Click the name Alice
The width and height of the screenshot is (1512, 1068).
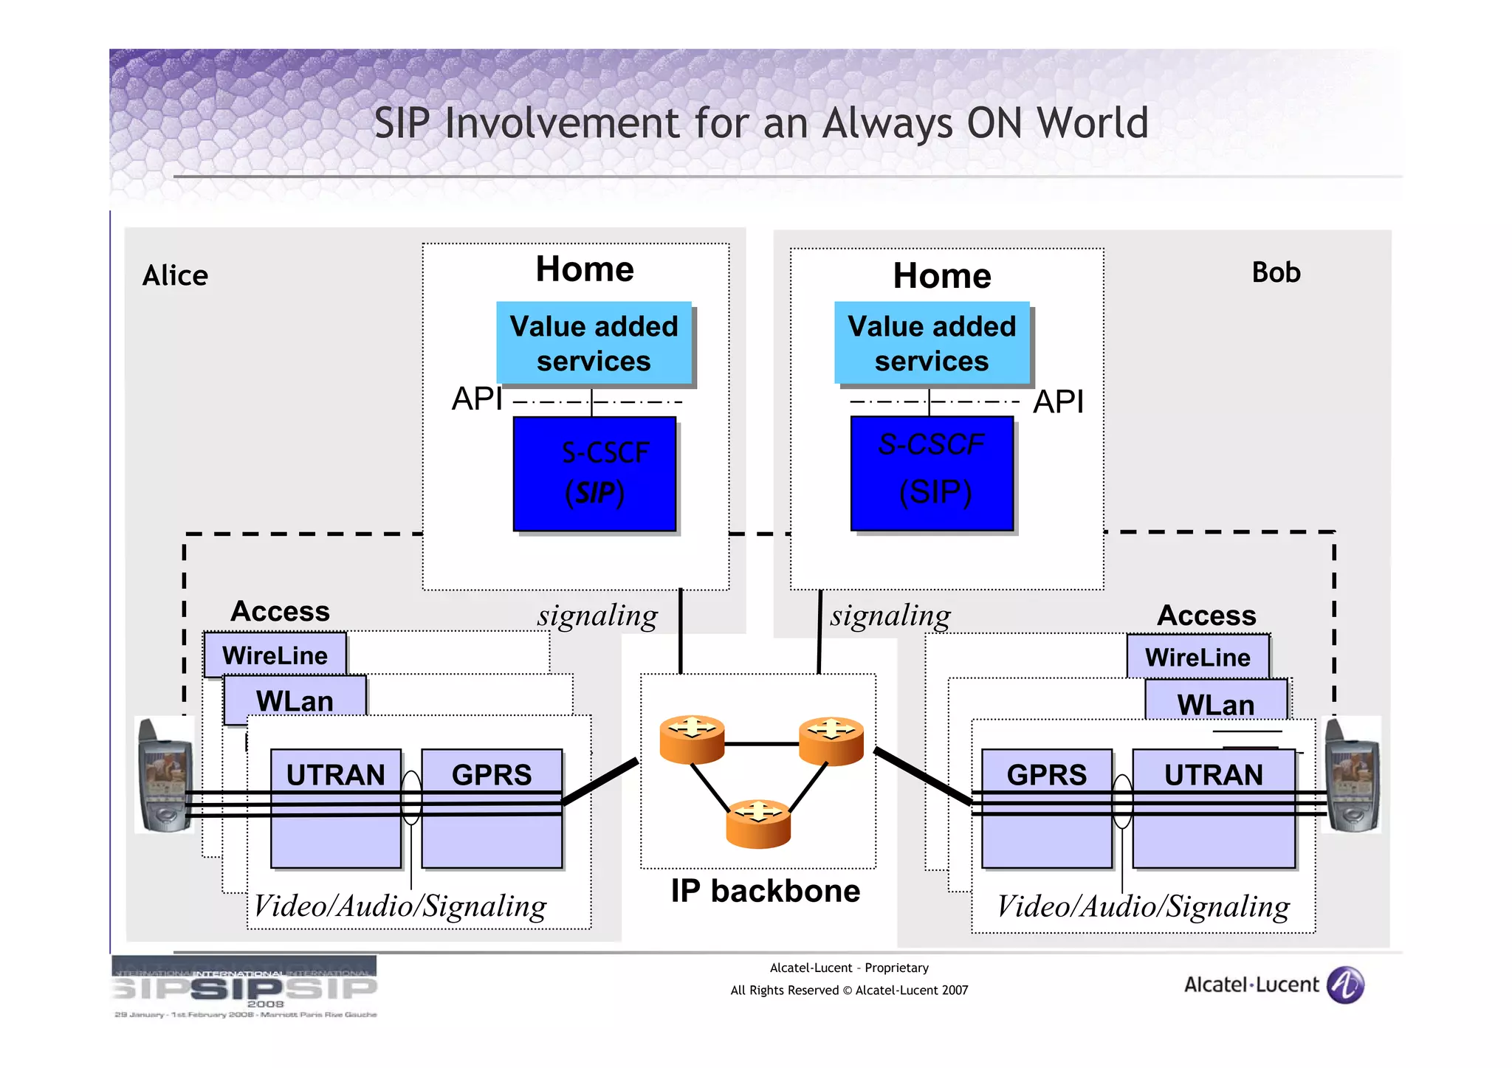[175, 275]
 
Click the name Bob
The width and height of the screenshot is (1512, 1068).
[1275, 272]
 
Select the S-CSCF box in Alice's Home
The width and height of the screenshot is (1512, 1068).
[594, 473]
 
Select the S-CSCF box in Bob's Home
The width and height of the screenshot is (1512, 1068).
[932, 473]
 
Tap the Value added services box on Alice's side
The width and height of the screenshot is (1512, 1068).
[594, 343]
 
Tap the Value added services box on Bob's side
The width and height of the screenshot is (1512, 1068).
[932, 343]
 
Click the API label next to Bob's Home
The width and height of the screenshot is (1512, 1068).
[1057, 402]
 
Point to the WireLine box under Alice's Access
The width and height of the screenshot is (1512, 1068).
[275, 655]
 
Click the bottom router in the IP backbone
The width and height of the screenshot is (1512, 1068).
[758, 824]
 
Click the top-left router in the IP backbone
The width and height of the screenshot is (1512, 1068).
[692, 739]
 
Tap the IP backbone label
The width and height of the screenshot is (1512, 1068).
[765, 891]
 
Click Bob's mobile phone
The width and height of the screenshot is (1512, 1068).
[1352, 775]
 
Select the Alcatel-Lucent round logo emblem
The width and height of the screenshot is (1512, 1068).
[1345, 985]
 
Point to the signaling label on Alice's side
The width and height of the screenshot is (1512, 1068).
[597, 616]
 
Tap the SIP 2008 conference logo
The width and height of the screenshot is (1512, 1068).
[244, 987]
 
